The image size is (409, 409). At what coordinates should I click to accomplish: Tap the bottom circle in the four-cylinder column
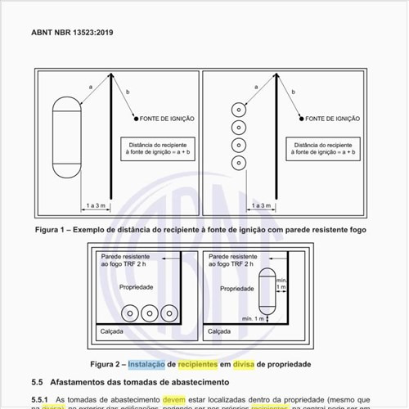[239, 162]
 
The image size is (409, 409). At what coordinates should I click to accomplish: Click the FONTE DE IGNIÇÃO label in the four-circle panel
[333, 119]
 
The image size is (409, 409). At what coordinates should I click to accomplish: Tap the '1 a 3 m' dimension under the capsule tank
[97, 205]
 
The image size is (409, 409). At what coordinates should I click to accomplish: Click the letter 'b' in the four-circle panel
[293, 93]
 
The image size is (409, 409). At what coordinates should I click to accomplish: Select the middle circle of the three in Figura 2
[150, 314]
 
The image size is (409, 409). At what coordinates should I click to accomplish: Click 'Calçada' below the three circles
[113, 333]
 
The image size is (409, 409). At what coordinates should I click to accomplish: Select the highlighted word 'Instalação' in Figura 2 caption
[146, 363]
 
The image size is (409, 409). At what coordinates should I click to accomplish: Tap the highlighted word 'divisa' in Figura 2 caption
[246, 363]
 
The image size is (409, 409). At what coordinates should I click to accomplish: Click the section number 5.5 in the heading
[37, 382]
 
